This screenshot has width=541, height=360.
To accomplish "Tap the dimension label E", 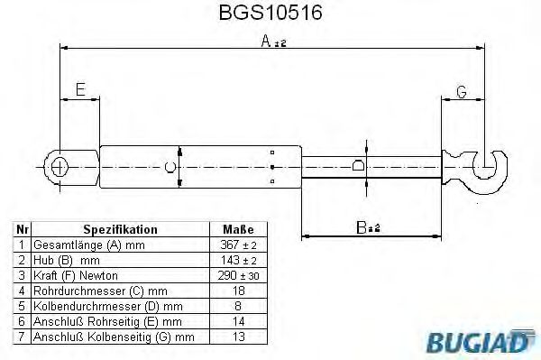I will [80, 90].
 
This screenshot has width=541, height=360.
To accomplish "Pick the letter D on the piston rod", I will [358, 166].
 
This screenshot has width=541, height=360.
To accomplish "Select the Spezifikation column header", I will [120, 230].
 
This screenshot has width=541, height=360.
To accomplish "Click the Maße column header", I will [238, 230].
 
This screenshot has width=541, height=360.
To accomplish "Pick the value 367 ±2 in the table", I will [238, 245].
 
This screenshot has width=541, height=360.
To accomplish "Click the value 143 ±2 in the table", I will [238, 260].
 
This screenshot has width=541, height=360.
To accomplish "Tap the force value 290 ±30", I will [238, 275].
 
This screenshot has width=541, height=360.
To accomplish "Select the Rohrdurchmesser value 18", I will [238, 291].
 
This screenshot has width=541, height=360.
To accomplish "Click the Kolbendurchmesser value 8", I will [238, 306].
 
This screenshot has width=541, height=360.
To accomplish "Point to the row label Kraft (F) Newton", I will [76, 275].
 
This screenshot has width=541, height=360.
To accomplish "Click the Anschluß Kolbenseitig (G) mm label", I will [114, 337].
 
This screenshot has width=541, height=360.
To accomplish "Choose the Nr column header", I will [23, 230].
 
